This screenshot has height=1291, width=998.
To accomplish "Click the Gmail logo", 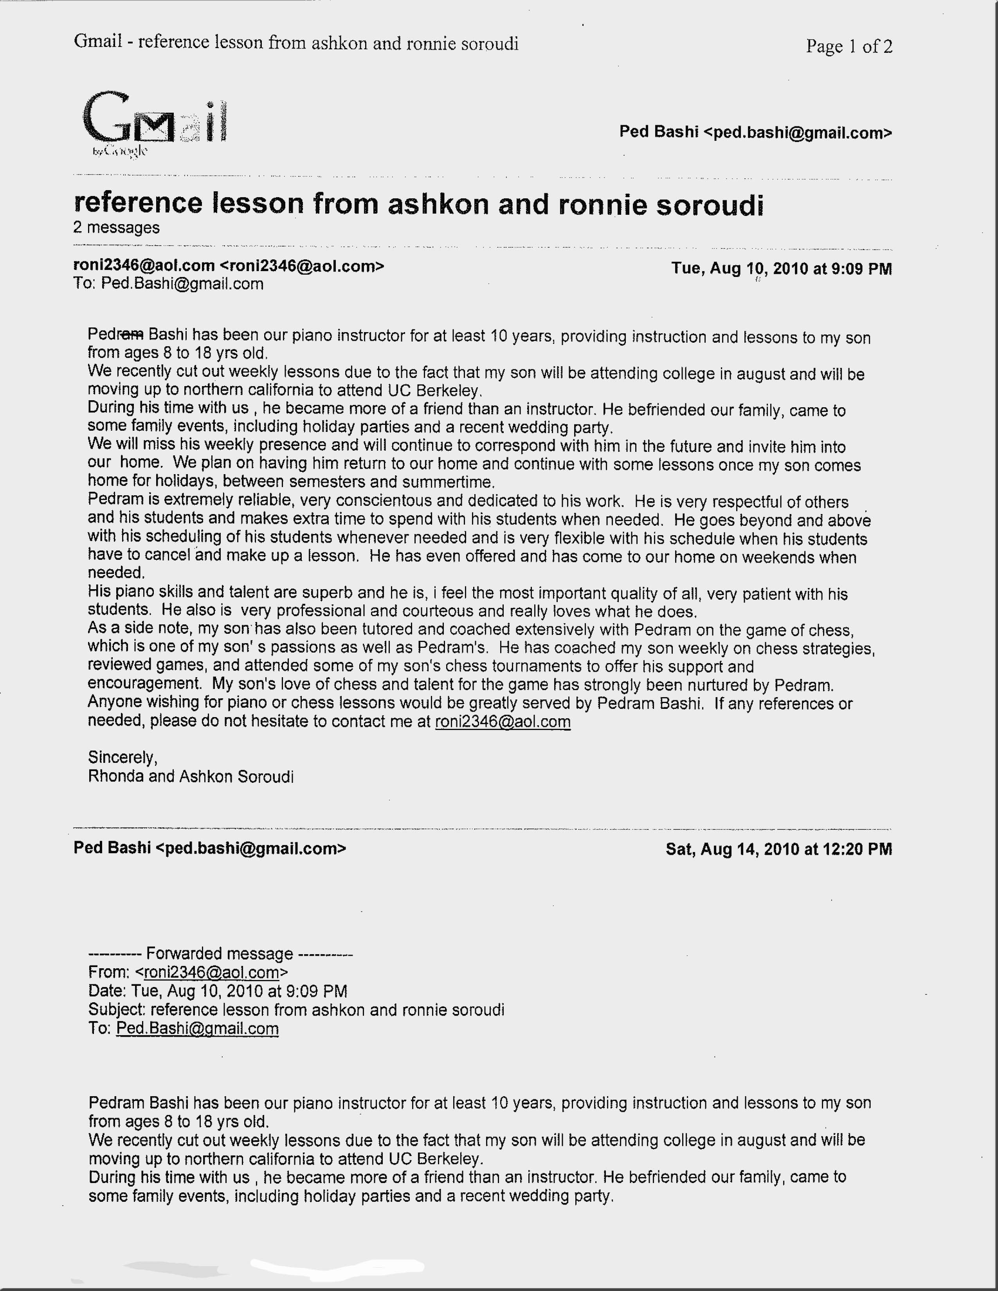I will coord(155,122).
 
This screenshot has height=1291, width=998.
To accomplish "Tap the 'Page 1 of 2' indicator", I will coord(848,46).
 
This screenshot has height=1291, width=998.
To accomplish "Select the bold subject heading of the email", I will coord(418,204).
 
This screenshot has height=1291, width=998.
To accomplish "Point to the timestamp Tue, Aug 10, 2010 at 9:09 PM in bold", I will coord(781,269).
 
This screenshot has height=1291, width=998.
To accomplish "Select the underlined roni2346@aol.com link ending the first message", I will coord(503,722).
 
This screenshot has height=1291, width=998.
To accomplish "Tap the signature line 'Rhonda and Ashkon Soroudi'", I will coord(190,776).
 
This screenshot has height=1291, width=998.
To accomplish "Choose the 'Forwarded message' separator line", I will coord(220,953).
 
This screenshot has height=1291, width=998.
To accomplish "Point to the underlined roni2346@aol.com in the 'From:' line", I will coord(211,973).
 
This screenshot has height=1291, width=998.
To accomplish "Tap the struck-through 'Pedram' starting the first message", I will coord(115,334).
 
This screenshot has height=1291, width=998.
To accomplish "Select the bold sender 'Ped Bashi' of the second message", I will coord(112,848).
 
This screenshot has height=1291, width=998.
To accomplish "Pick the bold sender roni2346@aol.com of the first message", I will coord(144,266).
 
